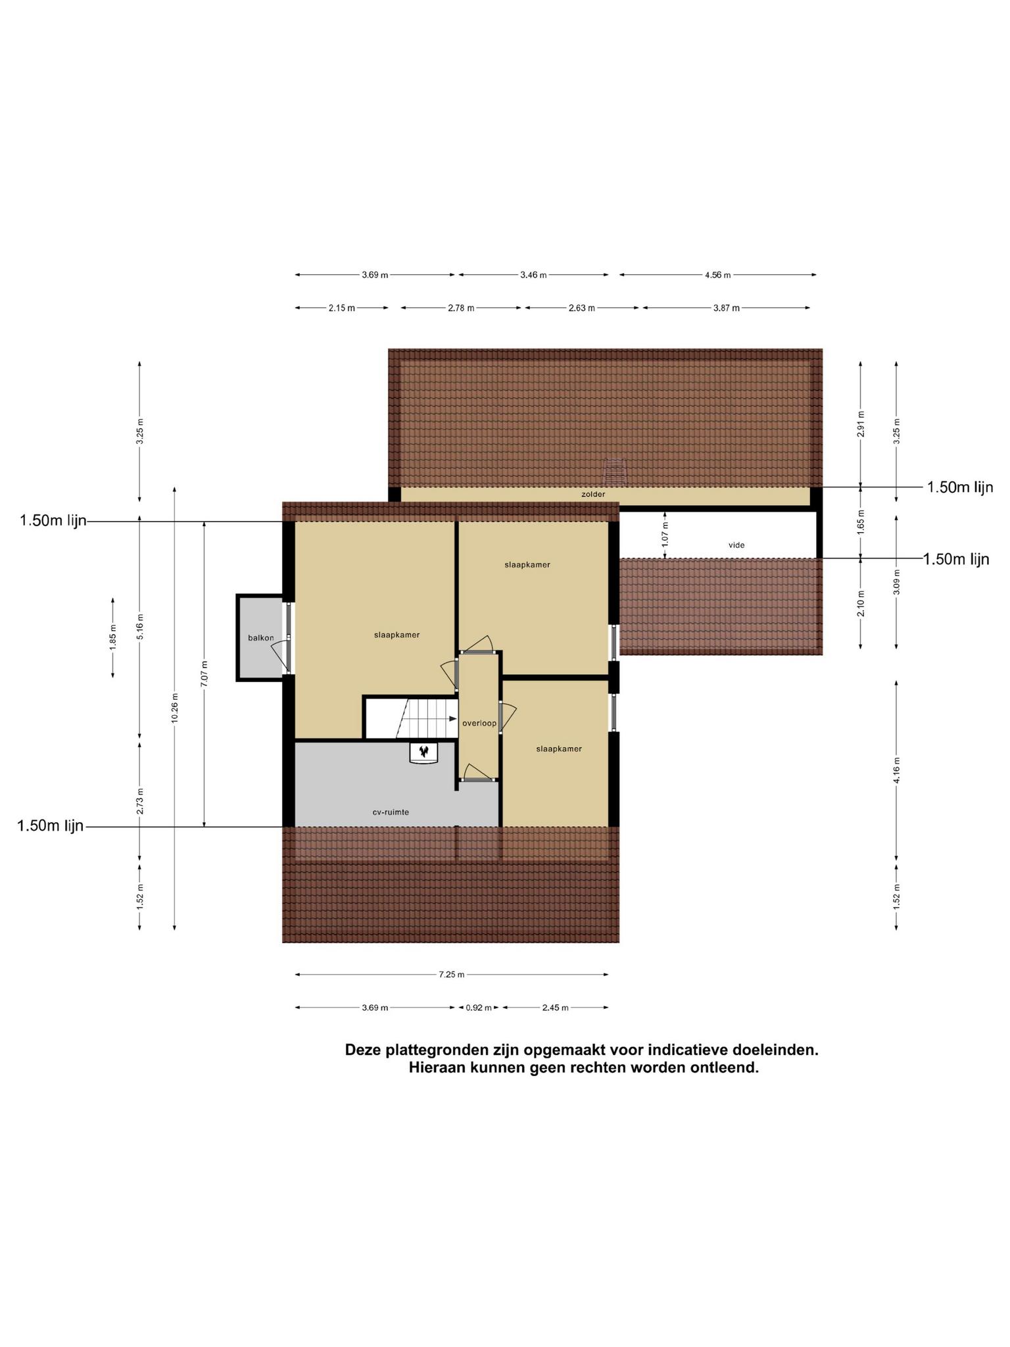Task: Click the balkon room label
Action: coord(261,638)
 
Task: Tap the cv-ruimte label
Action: coord(391,812)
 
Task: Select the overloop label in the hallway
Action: coord(479,723)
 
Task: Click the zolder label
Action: coord(593,494)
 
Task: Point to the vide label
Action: coord(736,545)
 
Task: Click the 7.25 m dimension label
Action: coord(452,974)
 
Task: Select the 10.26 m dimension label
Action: coord(174,708)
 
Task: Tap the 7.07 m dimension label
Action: coord(204,674)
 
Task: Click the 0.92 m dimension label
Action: coord(479,1007)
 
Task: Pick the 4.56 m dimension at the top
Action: coord(717,275)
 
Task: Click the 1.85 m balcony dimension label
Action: coord(113,637)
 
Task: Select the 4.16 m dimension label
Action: coord(896,770)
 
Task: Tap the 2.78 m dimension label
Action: coord(461,308)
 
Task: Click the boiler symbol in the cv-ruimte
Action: coord(423,752)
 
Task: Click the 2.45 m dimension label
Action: coord(555,1007)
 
